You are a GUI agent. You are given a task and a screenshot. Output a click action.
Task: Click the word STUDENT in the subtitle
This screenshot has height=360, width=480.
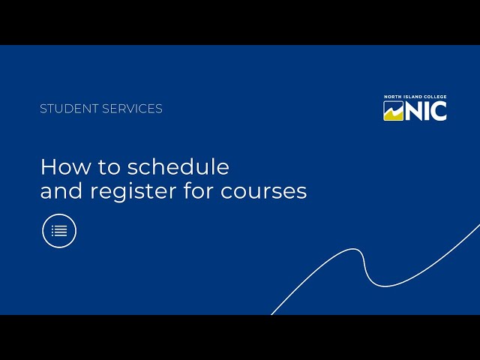(x=69, y=109)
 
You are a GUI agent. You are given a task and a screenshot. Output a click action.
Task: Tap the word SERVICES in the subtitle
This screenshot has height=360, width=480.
(x=132, y=109)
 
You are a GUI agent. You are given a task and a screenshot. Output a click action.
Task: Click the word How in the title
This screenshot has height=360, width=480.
(x=65, y=166)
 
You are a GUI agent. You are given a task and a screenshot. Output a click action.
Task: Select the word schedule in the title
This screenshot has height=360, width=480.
(x=178, y=166)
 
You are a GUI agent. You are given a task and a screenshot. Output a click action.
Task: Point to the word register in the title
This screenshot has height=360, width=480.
(x=133, y=192)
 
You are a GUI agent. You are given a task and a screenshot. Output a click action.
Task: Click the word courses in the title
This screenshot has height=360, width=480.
(x=263, y=192)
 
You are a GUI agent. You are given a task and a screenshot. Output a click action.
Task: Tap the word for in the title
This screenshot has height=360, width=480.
(x=198, y=190)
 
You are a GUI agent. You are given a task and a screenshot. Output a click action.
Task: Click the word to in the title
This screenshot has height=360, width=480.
(x=109, y=168)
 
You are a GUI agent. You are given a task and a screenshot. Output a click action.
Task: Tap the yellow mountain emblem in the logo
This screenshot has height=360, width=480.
(x=394, y=111)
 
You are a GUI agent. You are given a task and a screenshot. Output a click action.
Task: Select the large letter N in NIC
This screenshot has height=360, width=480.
(x=415, y=111)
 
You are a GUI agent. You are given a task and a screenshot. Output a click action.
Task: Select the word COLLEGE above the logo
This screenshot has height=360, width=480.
(x=435, y=97)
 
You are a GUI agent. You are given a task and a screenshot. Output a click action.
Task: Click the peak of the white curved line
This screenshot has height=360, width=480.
(x=355, y=249)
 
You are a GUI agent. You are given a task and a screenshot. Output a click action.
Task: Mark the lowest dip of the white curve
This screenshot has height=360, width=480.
(x=384, y=286)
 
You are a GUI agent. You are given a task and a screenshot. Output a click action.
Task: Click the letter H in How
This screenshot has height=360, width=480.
(x=47, y=167)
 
